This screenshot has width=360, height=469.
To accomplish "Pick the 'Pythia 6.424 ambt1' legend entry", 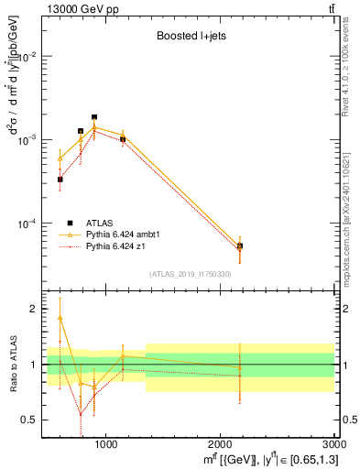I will coord(130,234).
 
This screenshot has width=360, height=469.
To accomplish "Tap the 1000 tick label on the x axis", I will coord(105,444).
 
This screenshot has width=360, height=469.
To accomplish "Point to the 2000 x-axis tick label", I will coord(221,444).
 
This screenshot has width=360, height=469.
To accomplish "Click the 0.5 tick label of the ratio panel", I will coord(32,420).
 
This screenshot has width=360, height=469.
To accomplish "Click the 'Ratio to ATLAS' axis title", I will coord(12,366).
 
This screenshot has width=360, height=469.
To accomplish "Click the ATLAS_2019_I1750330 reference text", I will coord(191,274).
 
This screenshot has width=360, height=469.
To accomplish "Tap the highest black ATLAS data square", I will coord(94,117).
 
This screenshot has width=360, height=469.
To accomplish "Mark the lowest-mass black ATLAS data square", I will coord(60,180).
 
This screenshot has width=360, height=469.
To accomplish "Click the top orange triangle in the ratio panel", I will coord(60,318).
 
